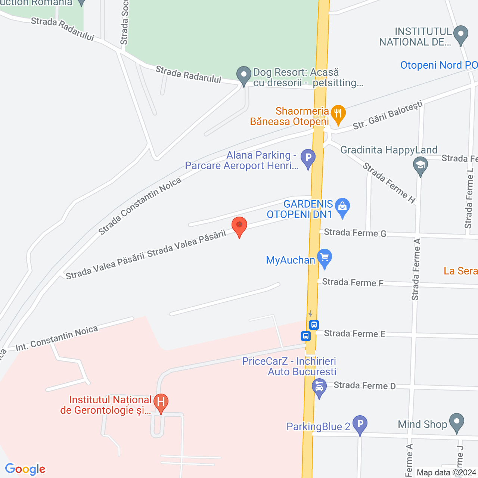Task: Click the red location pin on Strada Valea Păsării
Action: [239, 226]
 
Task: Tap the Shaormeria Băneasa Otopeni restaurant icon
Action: [338, 114]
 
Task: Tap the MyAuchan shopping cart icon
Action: [325, 258]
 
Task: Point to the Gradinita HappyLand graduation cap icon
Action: [420, 165]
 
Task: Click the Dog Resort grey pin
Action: [244, 75]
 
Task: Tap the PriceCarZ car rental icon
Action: [319, 387]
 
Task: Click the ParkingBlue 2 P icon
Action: [360, 424]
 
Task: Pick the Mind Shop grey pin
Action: [456, 422]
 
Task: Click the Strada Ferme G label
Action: [355, 233]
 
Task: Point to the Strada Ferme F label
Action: [353, 282]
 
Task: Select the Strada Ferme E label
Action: [354, 333]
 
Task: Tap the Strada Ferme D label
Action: [364, 385]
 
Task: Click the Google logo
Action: [25, 469]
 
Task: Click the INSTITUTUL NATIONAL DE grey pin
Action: [461, 34]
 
